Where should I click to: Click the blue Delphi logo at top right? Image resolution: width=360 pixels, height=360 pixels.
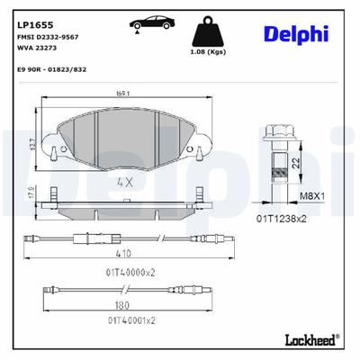(295, 33)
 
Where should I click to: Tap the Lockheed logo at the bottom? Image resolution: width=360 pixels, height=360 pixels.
(310, 340)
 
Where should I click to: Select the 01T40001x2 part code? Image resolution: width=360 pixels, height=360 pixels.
(131, 319)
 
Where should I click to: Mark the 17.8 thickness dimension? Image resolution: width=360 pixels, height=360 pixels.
(31, 196)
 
